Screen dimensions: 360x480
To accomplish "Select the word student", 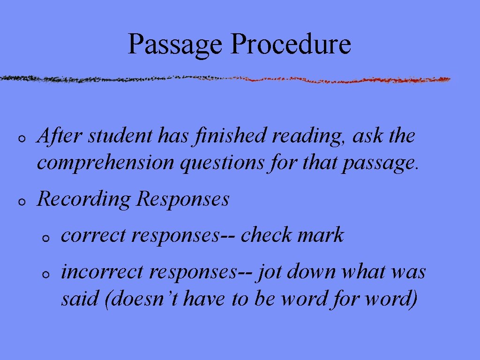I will tap(120, 136).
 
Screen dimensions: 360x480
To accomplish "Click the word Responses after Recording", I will tap(183, 199).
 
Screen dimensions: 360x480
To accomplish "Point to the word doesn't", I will tap(142, 299).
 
